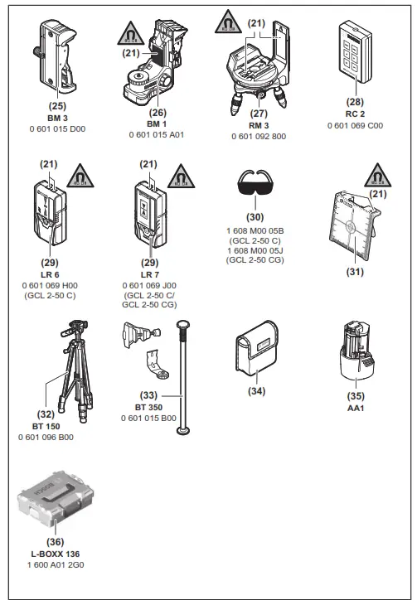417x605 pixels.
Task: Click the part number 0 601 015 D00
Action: click(57, 128)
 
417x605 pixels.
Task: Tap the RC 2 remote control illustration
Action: click(355, 52)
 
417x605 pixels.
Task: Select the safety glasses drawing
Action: click(255, 182)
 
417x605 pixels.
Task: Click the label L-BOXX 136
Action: click(56, 554)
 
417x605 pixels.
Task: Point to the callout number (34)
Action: click(257, 391)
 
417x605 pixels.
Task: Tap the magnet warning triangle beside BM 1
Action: click(131, 34)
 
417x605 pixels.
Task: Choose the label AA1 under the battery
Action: click(356, 409)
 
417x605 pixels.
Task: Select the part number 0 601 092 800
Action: click(259, 136)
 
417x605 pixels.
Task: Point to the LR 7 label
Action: click(150, 274)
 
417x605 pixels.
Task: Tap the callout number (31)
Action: click(355, 272)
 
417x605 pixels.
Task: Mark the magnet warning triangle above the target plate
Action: click(377, 176)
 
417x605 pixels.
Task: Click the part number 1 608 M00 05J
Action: click(255, 251)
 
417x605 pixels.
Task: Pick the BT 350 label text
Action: click(148, 408)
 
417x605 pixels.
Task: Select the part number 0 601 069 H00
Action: click(50, 286)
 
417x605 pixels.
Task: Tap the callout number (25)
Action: click(57, 106)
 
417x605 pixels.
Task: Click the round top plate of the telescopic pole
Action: click(183, 323)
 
